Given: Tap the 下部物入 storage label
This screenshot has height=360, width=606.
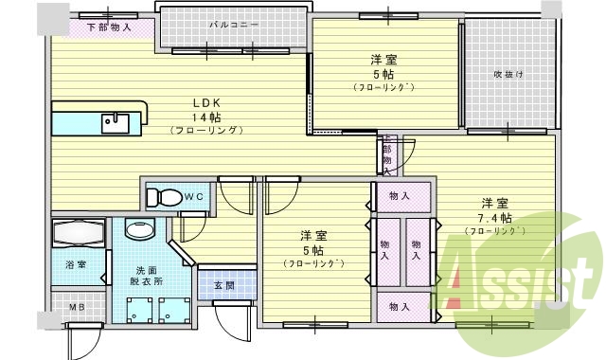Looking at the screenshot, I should tap(110, 27).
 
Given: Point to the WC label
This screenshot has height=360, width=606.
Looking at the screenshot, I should tap(195, 196).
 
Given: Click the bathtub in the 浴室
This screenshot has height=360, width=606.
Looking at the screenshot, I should tap(79, 232).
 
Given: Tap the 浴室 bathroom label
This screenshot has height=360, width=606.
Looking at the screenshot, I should tap(77, 263).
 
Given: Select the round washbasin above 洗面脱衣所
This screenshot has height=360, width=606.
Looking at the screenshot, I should tap(140, 230).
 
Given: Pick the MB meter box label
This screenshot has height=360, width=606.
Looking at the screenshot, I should tap(76, 308).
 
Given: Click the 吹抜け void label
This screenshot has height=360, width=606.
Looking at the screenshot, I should tap(508, 74).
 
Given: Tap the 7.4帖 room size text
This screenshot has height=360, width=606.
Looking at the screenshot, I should tap(495, 218).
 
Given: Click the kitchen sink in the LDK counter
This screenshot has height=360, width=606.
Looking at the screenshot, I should tap(116, 119).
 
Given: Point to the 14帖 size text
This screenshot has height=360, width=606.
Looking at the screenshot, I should tap(207, 117).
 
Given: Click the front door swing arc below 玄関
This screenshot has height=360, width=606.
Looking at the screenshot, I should tap(230, 327).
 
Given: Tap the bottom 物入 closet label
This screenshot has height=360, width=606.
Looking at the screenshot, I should tap(399, 306).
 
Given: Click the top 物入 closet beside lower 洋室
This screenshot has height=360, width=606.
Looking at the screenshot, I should tap(399, 196).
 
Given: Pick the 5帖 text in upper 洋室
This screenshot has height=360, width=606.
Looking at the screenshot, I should tap(383, 74).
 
